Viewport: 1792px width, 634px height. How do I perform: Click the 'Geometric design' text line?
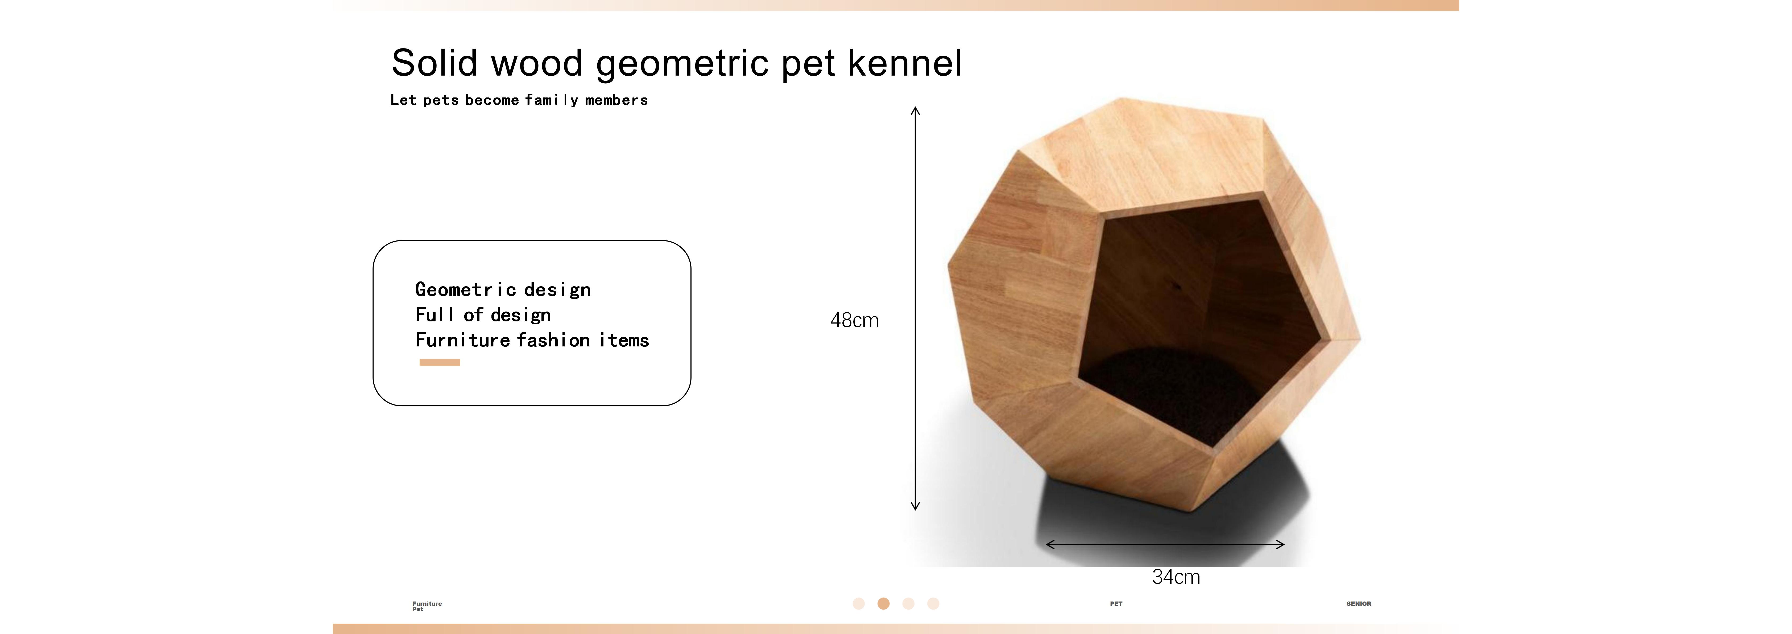(503, 289)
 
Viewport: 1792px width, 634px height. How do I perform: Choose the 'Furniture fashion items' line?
(532, 340)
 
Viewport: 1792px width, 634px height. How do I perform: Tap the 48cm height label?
(854, 321)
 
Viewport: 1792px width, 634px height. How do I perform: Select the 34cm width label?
(1176, 577)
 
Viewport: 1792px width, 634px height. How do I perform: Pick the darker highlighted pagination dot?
(883, 603)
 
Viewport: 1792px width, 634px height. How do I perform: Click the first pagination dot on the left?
(858, 603)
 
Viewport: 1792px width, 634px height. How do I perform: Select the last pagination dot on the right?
(934, 603)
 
